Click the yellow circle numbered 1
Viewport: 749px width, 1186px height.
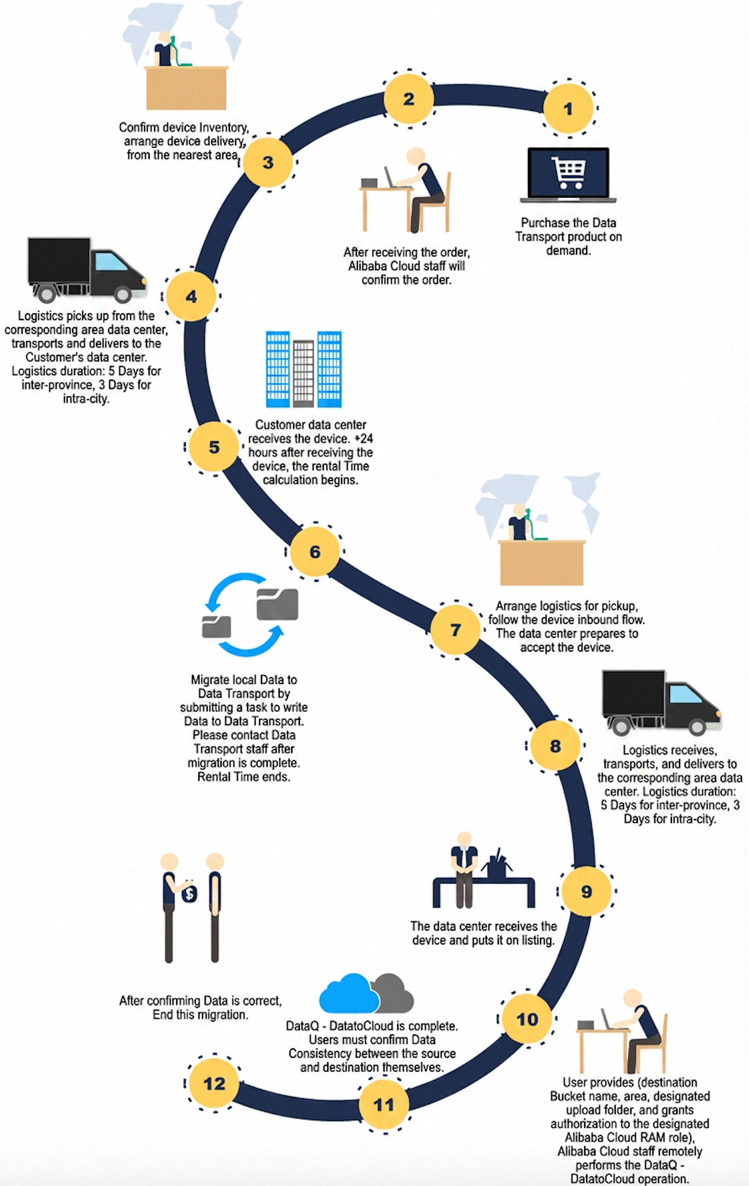(568, 109)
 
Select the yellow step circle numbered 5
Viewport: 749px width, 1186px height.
(215, 447)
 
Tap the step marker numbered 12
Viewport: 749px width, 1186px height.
(215, 1084)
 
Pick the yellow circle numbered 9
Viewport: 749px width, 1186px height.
(587, 891)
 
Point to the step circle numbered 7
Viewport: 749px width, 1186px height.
(455, 630)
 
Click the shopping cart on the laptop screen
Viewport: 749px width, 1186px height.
(568, 172)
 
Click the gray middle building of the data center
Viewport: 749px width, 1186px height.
(303, 373)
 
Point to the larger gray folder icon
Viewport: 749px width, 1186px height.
(277, 604)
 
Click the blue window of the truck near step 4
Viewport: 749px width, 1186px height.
(111, 261)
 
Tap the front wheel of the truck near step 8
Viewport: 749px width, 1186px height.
(697, 727)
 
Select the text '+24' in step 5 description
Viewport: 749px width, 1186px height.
(364, 438)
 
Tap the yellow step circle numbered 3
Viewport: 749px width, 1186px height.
(268, 162)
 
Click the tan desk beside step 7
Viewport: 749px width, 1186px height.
(542, 563)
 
